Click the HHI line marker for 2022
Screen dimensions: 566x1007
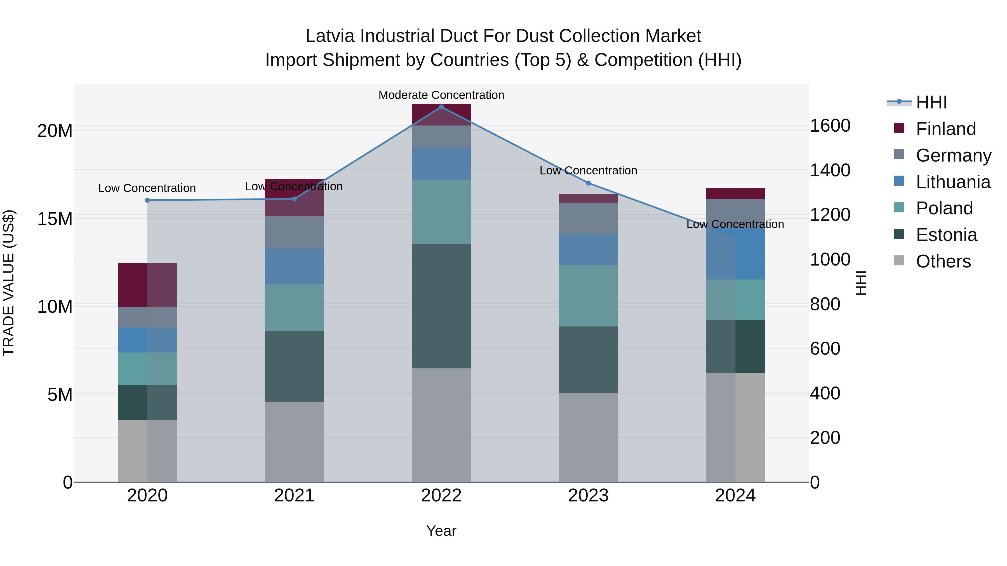tap(441, 107)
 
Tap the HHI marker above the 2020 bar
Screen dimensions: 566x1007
tap(147, 200)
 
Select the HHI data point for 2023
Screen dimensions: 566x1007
tap(588, 183)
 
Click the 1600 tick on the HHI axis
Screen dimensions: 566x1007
tap(830, 126)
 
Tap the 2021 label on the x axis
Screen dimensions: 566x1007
tap(294, 496)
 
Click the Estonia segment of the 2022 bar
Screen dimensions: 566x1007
tap(441, 306)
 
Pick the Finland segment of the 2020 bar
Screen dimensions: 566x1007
tap(147, 285)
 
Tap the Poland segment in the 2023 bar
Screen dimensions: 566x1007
tap(588, 296)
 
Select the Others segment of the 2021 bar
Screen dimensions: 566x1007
tap(294, 441)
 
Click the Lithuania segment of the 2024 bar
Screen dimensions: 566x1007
tap(735, 254)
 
